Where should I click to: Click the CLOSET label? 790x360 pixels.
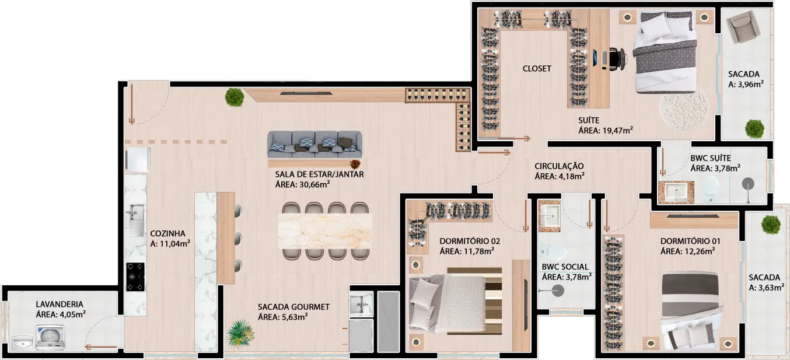(536, 68)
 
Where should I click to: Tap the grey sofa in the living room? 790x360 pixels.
(314, 144)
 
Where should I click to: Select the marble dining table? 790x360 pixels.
(325, 231)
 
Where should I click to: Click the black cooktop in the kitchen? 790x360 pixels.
(135, 277)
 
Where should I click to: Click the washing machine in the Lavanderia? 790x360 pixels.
(50, 337)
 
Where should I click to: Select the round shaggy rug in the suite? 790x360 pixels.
(683, 109)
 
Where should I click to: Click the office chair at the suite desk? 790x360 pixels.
(617, 58)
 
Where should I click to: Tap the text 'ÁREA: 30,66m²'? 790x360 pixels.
(302, 184)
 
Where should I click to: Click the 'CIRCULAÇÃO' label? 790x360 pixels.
(558, 166)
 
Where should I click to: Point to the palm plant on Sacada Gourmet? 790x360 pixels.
(240, 333)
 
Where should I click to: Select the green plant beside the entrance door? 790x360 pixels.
(234, 97)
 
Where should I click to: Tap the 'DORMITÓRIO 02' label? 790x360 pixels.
(470, 241)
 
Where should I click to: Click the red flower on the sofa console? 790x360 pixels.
(355, 164)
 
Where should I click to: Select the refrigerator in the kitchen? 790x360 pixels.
(138, 159)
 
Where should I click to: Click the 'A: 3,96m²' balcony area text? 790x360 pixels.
(746, 84)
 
